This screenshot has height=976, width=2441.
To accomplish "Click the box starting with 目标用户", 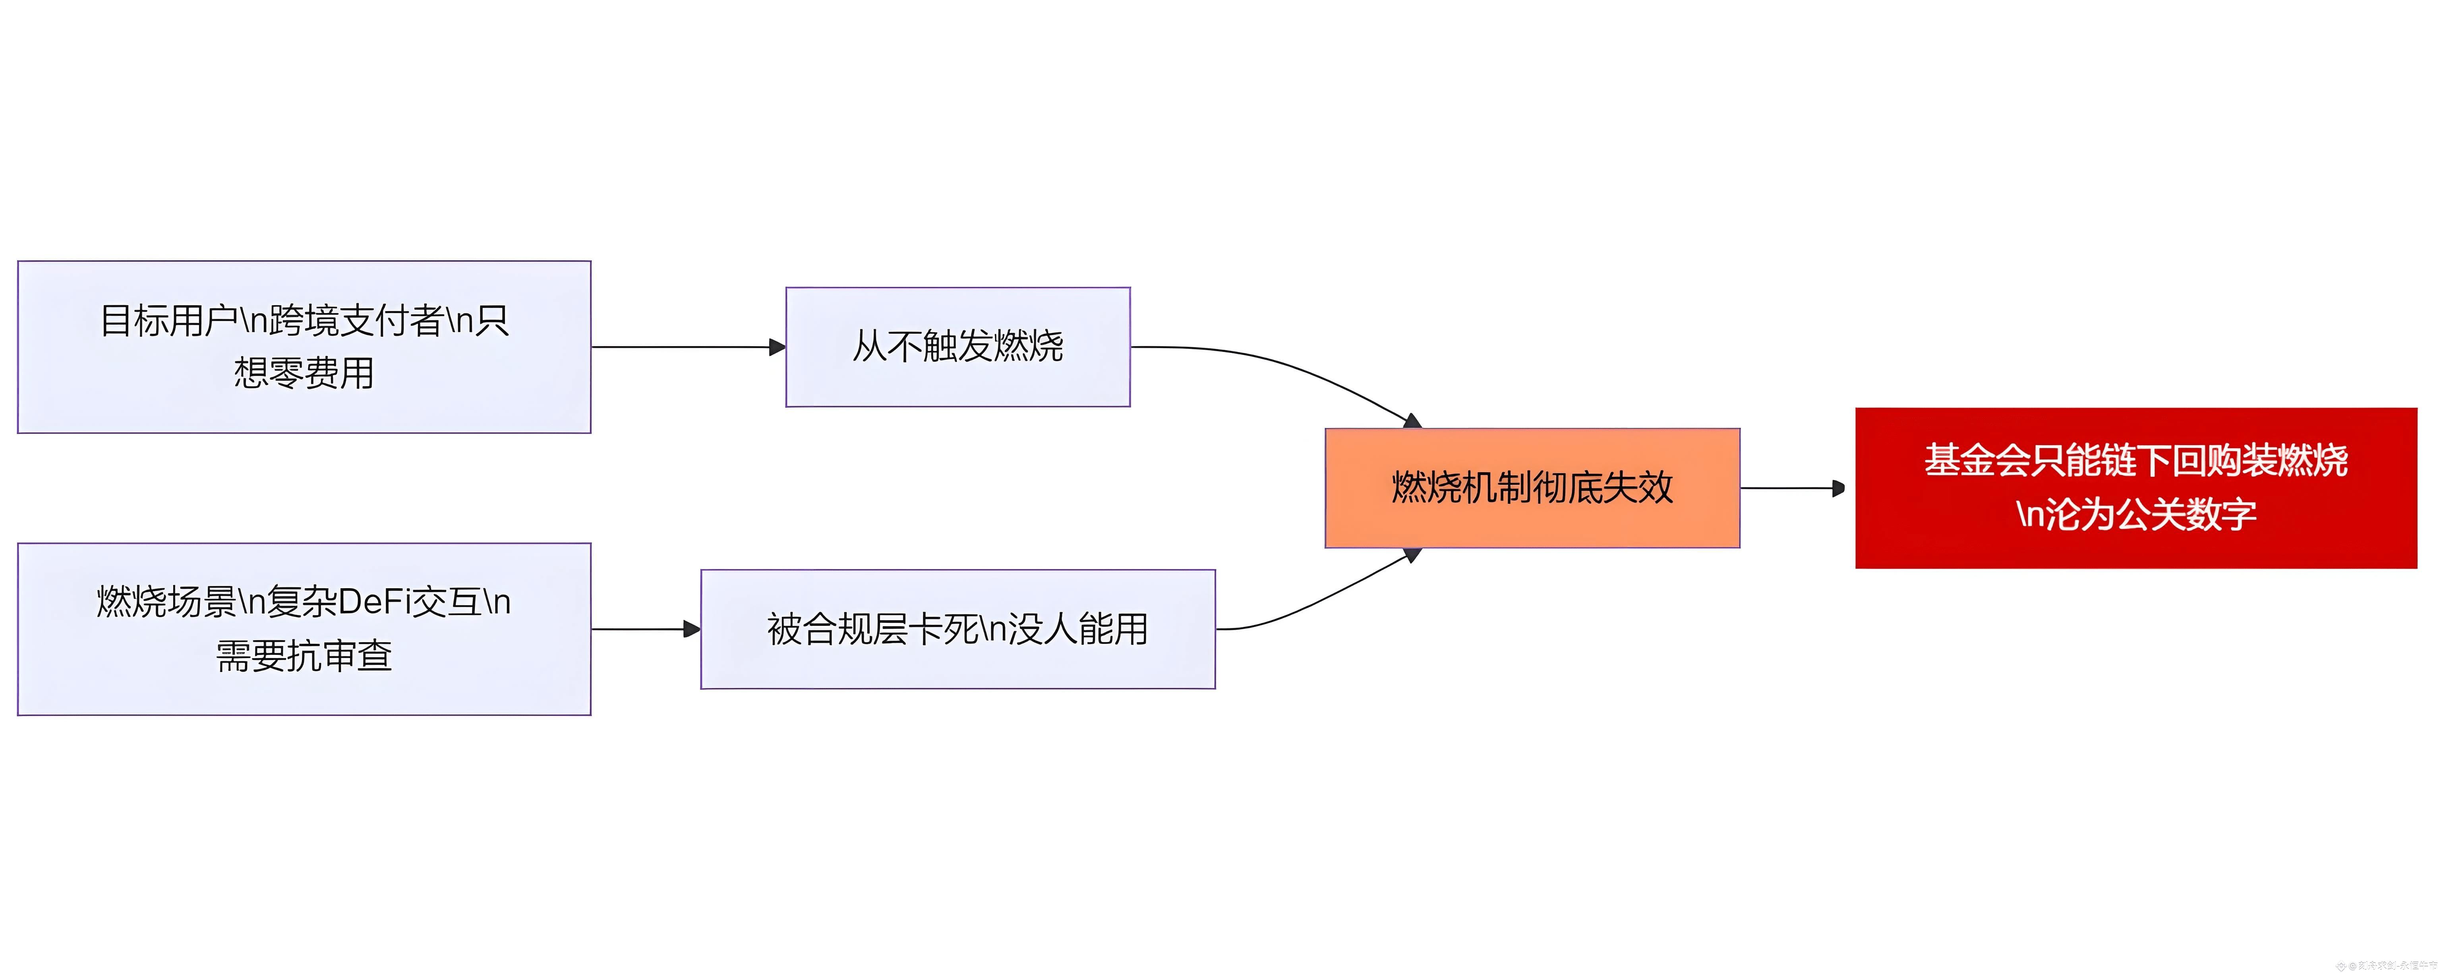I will pos(304,347).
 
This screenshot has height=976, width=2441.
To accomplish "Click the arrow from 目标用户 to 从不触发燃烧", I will pos(687,347).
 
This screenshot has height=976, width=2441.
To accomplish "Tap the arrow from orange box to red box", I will pos(1791,488).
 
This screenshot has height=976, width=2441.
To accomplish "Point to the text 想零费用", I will pos(304,372).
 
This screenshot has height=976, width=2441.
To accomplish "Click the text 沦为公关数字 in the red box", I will pos(2149,515).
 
